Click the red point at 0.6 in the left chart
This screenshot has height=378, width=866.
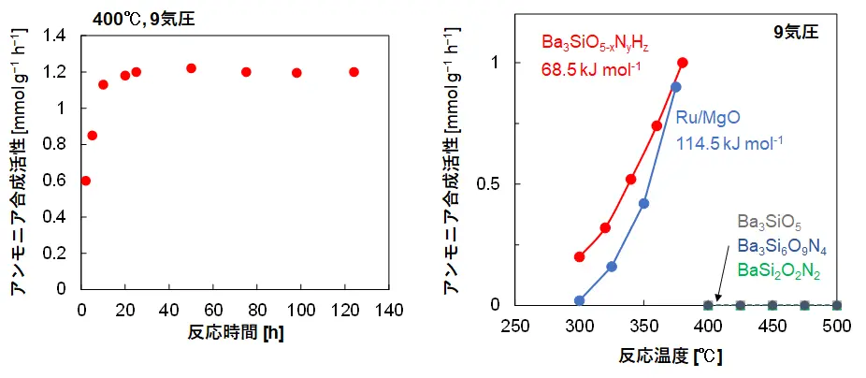coord(86,181)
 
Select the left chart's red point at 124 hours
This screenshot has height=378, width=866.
coord(354,72)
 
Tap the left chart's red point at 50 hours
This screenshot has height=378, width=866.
coord(191,68)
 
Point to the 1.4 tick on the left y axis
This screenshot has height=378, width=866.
coord(57,36)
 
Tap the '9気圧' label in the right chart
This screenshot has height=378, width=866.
coord(795,32)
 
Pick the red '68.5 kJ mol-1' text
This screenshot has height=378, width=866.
coord(591,68)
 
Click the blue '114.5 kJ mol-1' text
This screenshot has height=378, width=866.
coord(729,143)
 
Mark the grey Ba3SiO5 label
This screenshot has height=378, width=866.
coord(769,222)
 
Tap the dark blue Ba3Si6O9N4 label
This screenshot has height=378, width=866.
coord(781,247)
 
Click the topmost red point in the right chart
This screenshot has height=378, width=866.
coord(683,63)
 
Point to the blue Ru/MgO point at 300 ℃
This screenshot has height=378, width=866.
coord(580,300)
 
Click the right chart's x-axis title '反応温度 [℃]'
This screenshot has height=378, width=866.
coord(671,356)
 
